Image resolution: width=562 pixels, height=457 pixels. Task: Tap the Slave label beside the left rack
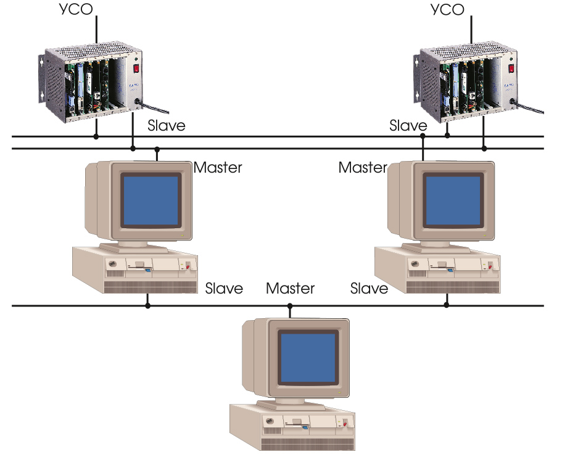point(166,126)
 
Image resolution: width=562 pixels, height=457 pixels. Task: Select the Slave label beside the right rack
point(408,126)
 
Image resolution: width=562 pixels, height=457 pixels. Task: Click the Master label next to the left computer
point(218,167)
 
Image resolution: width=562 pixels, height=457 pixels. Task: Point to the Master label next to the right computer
point(363,167)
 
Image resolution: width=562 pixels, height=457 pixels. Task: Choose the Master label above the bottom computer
point(290,288)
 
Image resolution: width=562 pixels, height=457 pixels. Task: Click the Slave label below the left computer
point(224,288)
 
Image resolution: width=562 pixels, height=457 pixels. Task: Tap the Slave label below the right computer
point(369,288)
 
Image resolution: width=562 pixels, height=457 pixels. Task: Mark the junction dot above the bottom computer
point(290,305)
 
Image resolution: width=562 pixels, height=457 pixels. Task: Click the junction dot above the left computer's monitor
point(157,149)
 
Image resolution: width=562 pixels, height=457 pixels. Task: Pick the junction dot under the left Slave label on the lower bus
point(147,305)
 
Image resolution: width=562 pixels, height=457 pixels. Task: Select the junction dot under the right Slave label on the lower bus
point(447,305)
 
